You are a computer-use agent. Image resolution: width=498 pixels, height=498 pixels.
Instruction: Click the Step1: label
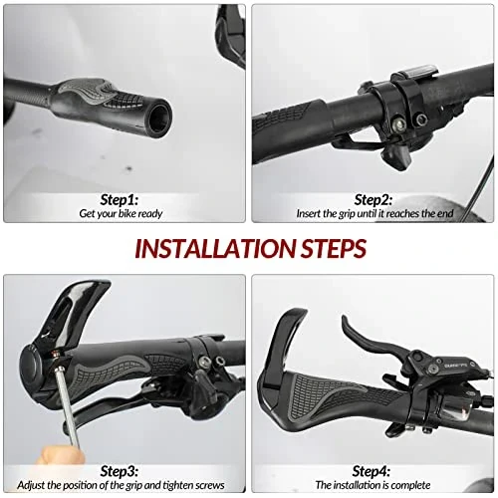[120, 200]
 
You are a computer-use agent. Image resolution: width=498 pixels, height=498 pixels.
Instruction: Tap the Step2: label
[373, 200]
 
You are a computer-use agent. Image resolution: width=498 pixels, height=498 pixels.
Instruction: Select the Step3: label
[120, 471]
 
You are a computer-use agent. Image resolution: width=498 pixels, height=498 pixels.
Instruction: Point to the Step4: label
[372, 471]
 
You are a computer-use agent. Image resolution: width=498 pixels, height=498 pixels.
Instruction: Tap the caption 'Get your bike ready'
[121, 213]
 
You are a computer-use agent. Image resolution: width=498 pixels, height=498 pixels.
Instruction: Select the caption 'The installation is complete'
[373, 485]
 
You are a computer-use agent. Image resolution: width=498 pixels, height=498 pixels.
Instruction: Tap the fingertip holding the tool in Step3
[61, 452]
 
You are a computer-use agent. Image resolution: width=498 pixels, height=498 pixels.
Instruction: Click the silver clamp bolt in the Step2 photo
[399, 124]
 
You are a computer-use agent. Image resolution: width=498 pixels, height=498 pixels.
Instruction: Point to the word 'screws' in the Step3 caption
[209, 485]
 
